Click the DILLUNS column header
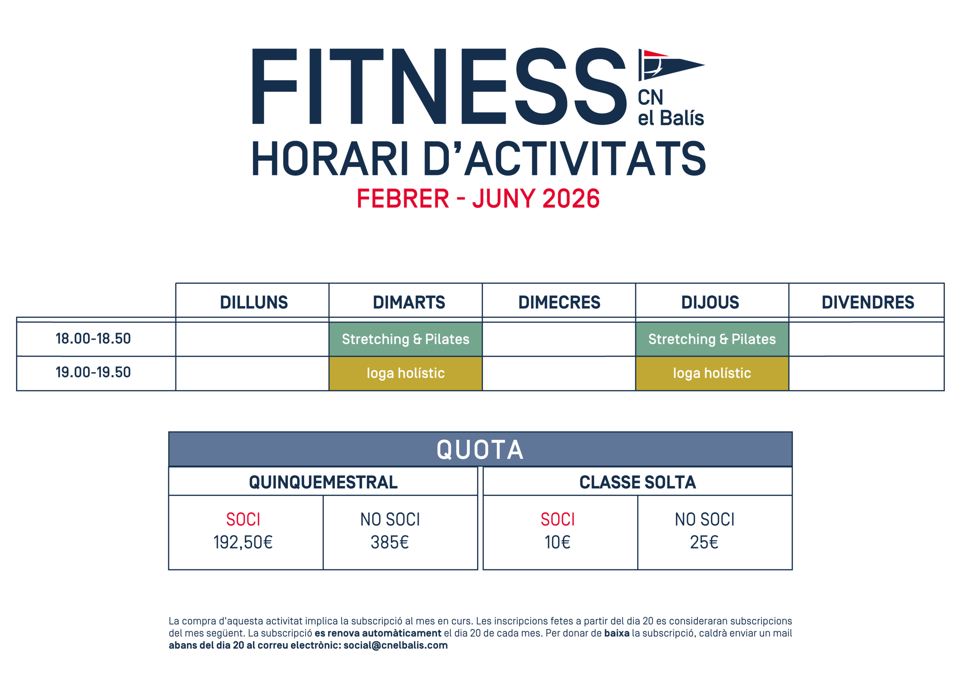(254, 302)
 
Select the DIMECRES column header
(559, 302)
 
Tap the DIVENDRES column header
(867, 302)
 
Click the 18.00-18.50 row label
(93, 338)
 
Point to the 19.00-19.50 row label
(93, 372)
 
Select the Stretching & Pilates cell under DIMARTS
(405, 339)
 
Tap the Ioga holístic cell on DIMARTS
(405, 373)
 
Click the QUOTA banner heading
(480, 450)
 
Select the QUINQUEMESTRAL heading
(323, 482)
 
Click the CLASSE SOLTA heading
(637, 482)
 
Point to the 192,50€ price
(243, 542)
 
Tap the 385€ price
(389, 542)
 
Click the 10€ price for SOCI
(557, 542)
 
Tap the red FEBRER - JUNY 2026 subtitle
(478, 198)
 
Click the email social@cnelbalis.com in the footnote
(395, 645)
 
